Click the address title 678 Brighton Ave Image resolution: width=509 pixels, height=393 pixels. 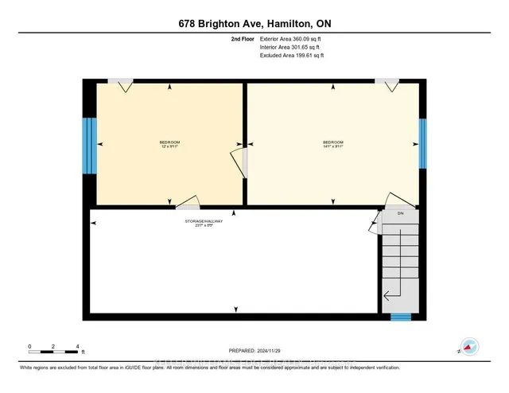[x=254, y=24]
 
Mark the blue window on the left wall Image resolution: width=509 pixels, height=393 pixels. [x=88, y=146]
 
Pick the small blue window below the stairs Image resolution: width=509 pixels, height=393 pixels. [x=401, y=317]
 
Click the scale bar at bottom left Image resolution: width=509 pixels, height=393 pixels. [x=53, y=347]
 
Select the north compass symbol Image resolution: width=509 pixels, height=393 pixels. [x=469, y=346]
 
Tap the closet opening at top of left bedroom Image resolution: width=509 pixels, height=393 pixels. [x=122, y=84]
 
